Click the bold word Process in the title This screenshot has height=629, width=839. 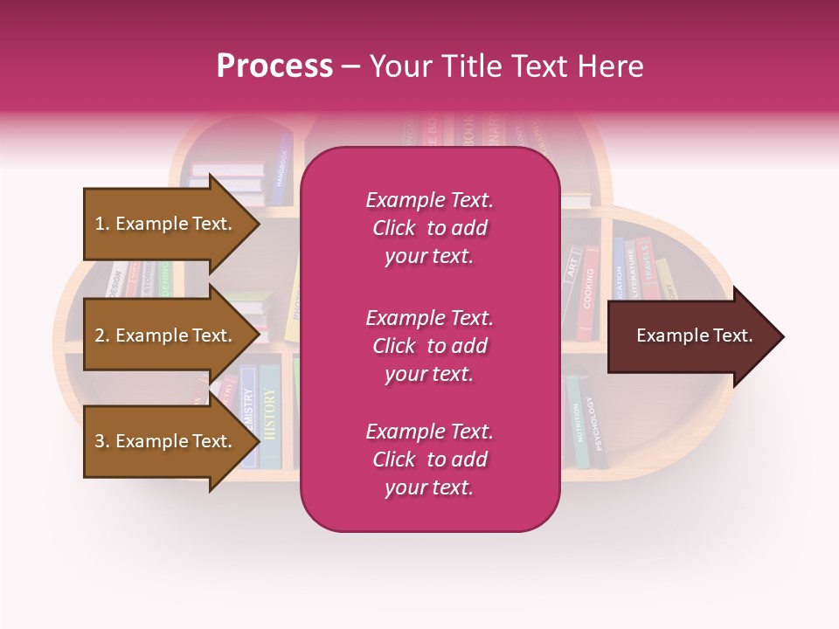tap(274, 66)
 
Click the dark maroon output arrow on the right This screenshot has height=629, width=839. tap(695, 335)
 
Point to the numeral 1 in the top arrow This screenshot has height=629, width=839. tap(100, 224)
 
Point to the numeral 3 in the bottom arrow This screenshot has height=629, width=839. tap(100, 441)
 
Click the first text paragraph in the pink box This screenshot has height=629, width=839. tap(429, 228)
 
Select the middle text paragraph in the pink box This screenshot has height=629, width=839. tap(429, 346)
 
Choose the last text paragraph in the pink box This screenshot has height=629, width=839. tap(429, 460)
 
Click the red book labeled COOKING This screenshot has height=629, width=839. tap(588, 293)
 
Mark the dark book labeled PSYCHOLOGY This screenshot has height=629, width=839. tap(597, 424)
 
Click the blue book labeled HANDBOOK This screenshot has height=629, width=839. tap(281, 166)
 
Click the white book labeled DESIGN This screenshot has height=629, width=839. tap(114, 281)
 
